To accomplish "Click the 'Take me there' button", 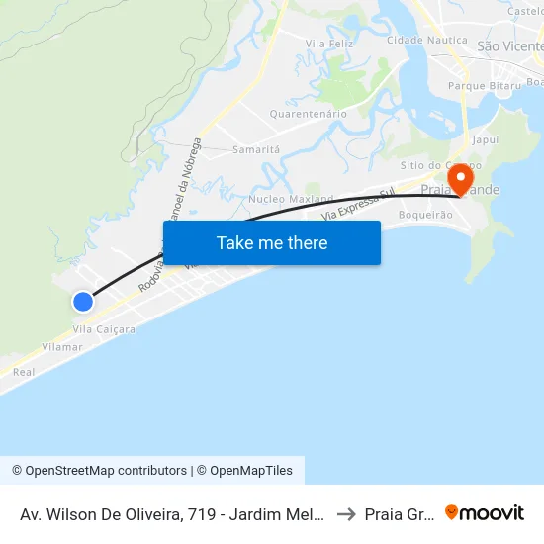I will tap(272, 242).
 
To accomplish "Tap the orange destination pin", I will tap(460, 179).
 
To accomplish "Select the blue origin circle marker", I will tap(83, 302).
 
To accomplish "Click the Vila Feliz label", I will tap(329, 44).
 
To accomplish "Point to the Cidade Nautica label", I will tap(426, 40).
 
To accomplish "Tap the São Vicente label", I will tap(509, 46).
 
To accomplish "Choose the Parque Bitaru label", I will tap(485, 86).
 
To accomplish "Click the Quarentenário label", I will tap(309, 114).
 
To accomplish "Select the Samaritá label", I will tap(256, 149).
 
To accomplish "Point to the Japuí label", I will tap(486, 141).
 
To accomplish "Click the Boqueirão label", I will tap(425, 215).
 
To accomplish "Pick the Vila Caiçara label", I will tap(104, 328).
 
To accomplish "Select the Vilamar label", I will tap(62, 347).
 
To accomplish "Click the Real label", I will tap(24, 372).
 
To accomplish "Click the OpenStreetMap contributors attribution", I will tap(99, 471).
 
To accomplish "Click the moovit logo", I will tap(485, 513).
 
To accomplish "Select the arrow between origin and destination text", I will tap(345, 513).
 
